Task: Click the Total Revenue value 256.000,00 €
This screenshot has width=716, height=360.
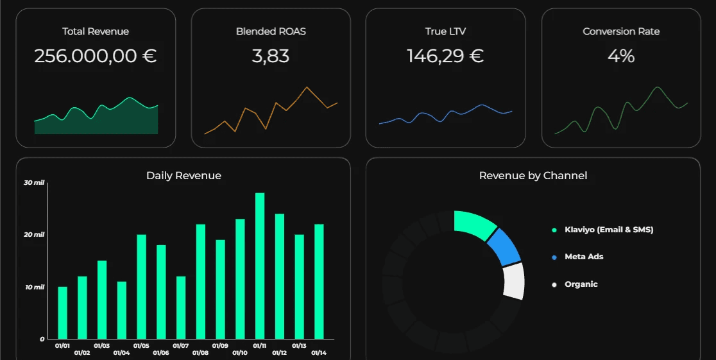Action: pos(95,56)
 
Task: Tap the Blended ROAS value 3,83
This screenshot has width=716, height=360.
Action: pos(270,56)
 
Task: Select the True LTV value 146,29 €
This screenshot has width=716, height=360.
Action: pos(445,56)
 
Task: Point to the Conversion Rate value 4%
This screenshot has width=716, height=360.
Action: pos(620,56)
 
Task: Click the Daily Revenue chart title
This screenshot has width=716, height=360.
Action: pos(183,176)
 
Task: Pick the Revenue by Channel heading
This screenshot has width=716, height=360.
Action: pos(533,176)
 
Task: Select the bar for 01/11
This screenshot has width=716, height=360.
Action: pos(260,266)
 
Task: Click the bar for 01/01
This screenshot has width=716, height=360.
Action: pos(62,313)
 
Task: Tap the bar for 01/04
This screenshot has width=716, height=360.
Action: pos(122,310)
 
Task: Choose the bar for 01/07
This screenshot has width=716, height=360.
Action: pos(181,307)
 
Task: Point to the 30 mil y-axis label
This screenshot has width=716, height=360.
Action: pos(34,183)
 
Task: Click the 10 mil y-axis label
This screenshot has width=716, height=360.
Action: pos(34,287)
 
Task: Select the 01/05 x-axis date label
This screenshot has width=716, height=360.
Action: pos(141,346)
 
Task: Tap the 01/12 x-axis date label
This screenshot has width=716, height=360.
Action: pos(280,353)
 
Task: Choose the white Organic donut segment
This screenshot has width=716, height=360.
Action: pos(514,280)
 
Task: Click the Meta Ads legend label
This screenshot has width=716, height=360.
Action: pos(584,257)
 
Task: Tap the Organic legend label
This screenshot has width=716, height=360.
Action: pos(581,284)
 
